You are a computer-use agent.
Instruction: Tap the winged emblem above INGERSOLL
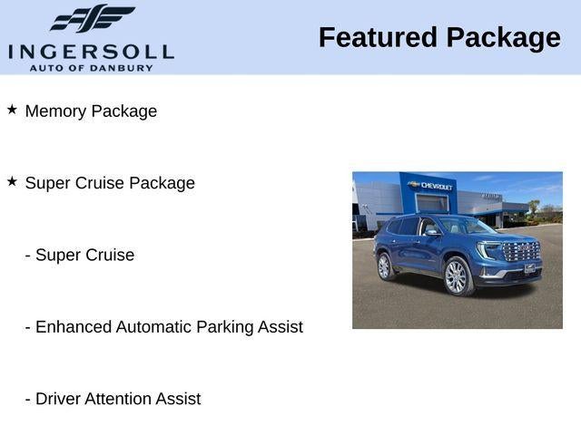coord(92,18)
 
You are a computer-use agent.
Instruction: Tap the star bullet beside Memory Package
coord(12,109)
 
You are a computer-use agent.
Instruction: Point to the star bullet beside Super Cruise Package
coord(12,181)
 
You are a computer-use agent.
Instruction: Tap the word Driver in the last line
coord(58,399)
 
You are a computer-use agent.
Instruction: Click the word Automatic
coord(152,327)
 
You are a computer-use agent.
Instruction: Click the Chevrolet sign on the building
coord(432,186)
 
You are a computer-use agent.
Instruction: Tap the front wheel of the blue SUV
coord(456,277)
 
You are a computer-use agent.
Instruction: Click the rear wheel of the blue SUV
coord(384,266)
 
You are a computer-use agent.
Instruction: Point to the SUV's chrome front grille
coord(520,250)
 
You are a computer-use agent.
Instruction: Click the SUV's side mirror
coord(431,233)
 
